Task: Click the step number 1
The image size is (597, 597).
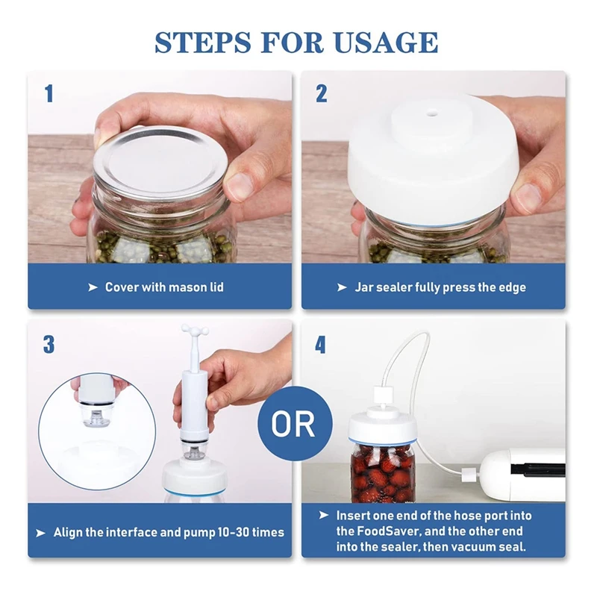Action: [x=49, y=94]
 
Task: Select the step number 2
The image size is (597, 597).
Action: [x=322, y=94]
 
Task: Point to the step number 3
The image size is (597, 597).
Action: [x=49, y=345]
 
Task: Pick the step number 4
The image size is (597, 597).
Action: [x=320, y=345]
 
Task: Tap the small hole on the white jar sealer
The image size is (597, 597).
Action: [x=432, y=113]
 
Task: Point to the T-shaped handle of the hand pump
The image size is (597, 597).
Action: [x=195, y=330]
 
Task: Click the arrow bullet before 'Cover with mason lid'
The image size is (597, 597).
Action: [x=93, y=287]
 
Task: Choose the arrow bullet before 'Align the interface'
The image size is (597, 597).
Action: [x=40, y=533]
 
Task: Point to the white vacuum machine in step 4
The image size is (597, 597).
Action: [x=522, y=475]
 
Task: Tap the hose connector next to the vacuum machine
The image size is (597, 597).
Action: [x=468, y=475]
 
